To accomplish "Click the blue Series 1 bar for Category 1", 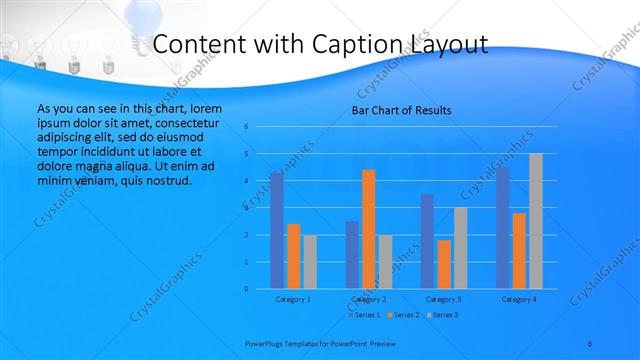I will click(276, 231).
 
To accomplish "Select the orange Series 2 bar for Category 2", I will click(368, 229).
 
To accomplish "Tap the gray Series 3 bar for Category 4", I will click(535, 221).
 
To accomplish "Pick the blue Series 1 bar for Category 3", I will click(427, 241).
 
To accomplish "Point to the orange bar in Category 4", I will click(519, 251).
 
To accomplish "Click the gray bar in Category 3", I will click(460, 248).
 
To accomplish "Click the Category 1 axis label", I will click(293, 299).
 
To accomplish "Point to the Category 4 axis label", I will click(519, 299).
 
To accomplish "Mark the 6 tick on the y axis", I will click(246, 127).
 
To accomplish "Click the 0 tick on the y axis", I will click(246, 289).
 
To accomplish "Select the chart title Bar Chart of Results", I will click(401, 110).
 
